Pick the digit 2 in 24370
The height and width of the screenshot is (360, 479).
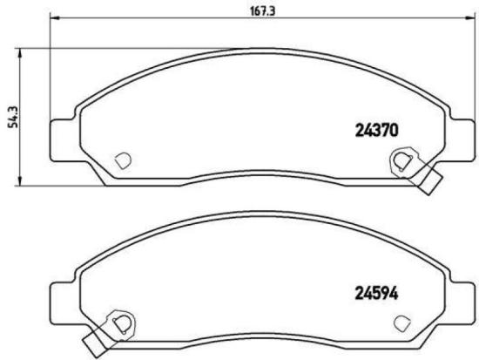[x=358, y=131]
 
